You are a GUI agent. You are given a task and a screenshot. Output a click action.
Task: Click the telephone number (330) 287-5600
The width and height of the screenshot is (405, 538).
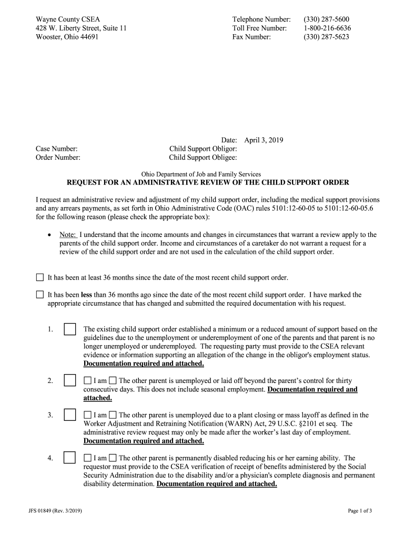tap(326, 19)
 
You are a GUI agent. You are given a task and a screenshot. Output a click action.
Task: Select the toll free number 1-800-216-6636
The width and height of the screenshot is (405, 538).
tap(327, 28)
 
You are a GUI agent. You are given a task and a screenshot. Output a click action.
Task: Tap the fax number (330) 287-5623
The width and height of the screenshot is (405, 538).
tap(326, 37)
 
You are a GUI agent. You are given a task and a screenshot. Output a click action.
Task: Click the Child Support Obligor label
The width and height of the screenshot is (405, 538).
tap(202, 149)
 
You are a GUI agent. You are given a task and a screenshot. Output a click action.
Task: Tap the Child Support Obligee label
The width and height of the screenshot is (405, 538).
tap(202, 158)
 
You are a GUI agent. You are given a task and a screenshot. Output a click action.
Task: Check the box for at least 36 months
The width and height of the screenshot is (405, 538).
tap(40, 277)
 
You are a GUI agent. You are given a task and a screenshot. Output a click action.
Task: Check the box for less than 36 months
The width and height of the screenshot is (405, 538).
tap(40, 295)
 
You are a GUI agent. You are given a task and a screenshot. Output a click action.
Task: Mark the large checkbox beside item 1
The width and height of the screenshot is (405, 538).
tap(69, 329)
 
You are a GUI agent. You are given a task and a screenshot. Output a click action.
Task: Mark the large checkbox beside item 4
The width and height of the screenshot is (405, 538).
tap(69, 458)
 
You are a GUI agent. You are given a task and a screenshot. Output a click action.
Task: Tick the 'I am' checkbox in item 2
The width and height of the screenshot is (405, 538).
tap(87, 380)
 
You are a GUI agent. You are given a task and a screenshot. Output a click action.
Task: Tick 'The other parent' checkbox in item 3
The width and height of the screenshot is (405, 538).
tap(113, 415)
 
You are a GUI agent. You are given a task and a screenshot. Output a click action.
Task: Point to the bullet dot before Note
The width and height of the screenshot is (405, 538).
tap(49, 235)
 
